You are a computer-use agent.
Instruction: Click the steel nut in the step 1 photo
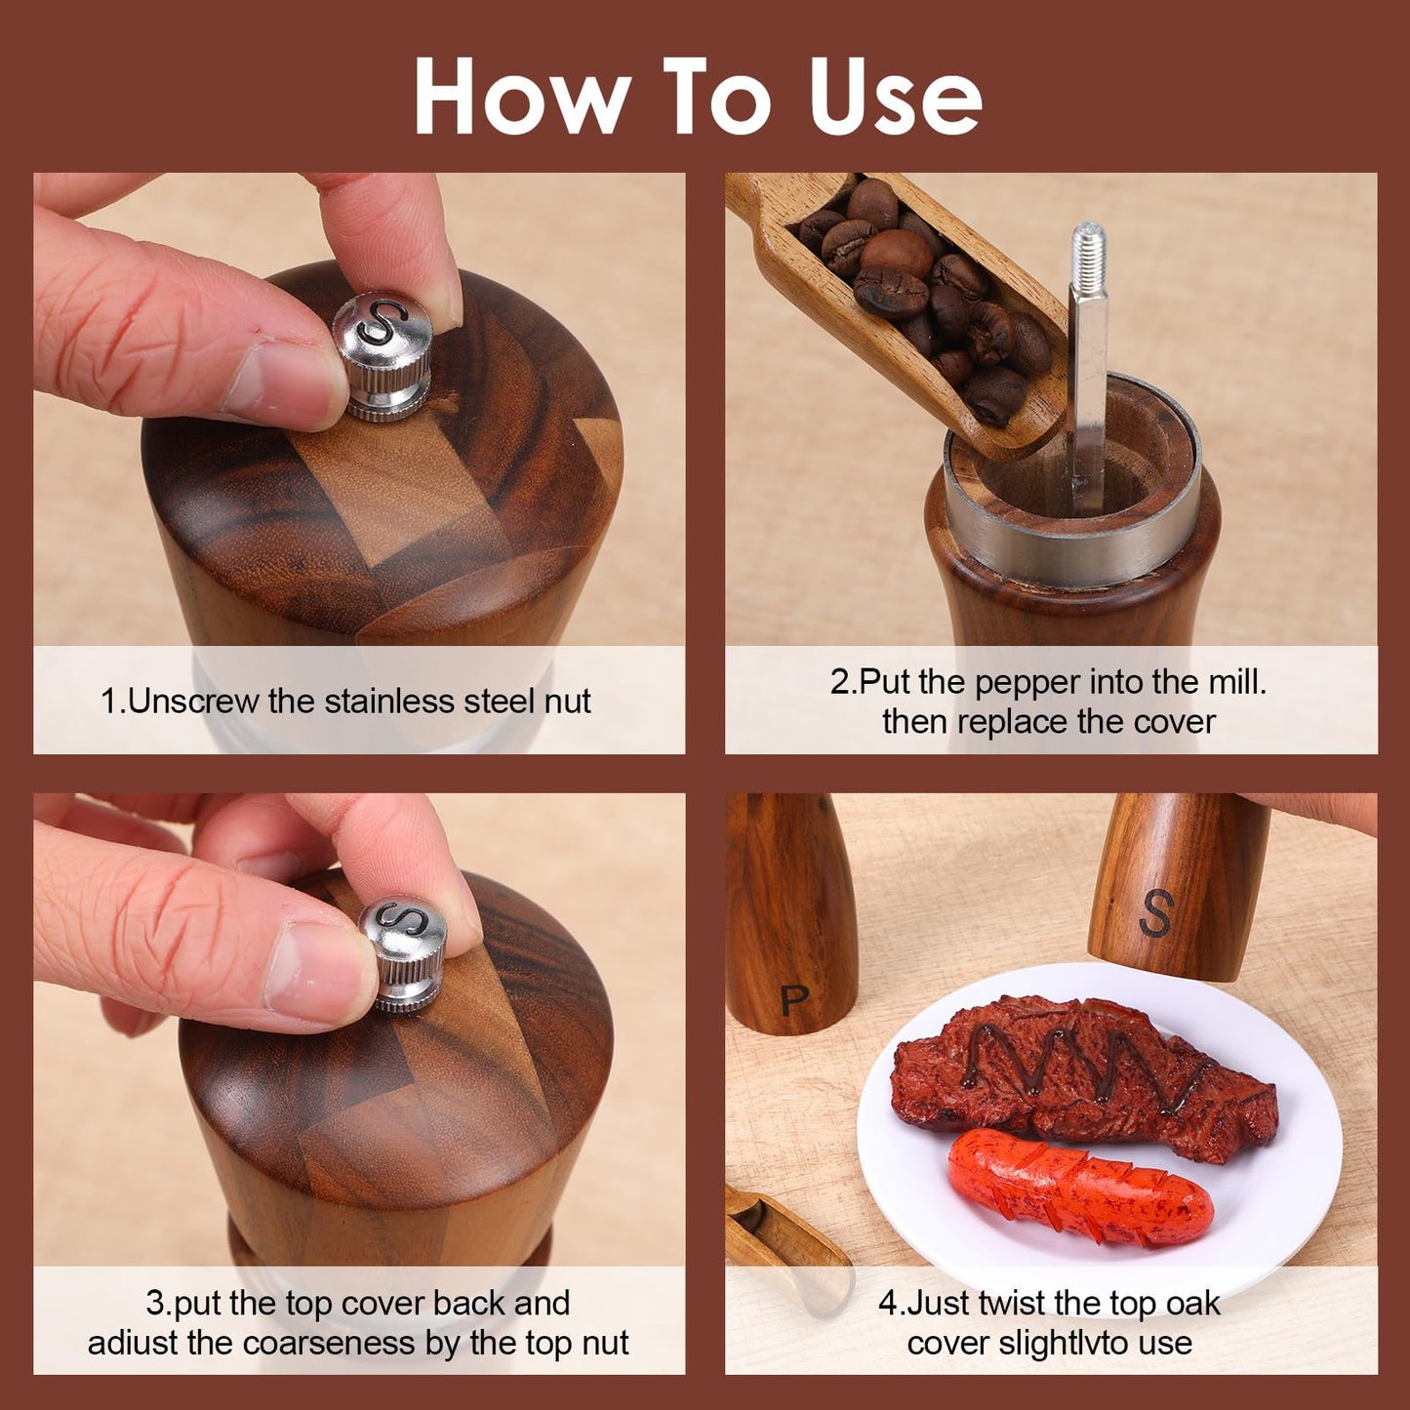[x=383, y=356]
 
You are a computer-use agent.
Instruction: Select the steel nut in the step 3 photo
[x=404, y=956]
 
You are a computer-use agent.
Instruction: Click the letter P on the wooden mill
[x=794, y=999]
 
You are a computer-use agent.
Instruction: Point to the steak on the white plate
[x=1084, y=1081]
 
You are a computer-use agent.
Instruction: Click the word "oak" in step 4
[x=1193, y=1304]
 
